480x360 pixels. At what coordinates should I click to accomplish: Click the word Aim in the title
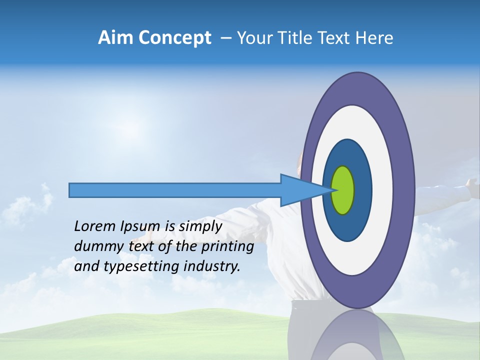coord(115,38)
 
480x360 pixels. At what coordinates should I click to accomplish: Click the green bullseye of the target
coord(343,190)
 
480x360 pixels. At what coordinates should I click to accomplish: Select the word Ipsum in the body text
coord(139,226)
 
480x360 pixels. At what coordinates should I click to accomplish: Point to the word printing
coord(227,246)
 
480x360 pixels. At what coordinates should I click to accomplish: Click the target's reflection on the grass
coord(357,335)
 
